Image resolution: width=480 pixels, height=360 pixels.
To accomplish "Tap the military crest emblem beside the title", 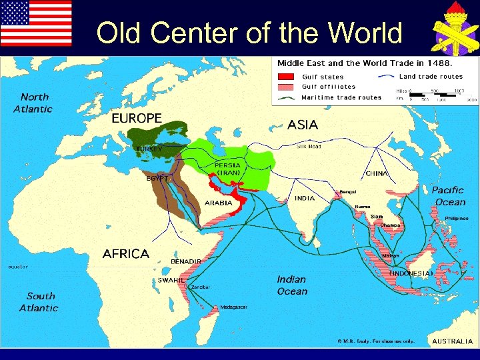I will (451, 29).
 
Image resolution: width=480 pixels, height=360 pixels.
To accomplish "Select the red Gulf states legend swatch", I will (287, 76).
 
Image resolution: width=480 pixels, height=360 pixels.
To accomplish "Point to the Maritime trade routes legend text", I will (341, 97).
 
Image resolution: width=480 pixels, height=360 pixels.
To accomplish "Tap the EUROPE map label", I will (136, 118).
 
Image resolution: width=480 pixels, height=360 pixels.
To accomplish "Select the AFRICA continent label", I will (125, 254).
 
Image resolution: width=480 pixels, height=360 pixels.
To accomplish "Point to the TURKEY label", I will (149, 149).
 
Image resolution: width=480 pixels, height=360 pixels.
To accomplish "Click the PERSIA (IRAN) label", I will (227, 169).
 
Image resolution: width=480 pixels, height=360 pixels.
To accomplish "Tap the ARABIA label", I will (218, 203).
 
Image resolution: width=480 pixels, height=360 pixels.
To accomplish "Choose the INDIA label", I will (305, 198).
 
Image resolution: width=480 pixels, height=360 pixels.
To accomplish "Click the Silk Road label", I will (309, 146).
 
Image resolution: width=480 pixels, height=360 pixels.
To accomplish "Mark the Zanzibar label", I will (201, 287).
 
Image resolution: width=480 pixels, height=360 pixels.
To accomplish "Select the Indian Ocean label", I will (292, 285).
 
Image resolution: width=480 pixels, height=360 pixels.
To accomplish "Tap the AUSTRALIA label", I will (453, 341).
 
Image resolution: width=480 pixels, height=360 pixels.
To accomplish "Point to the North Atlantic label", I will (35, 103).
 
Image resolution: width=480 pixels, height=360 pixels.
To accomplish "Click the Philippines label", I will (457, 218).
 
